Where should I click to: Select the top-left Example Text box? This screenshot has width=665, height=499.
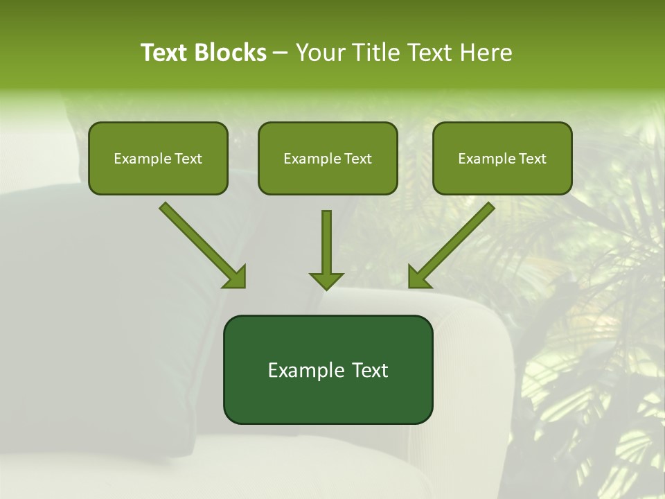point(158,158)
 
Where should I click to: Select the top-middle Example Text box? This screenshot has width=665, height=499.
point(328,158)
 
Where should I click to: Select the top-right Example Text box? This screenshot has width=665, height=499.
point(502,158)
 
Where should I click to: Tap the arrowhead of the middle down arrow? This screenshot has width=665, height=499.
point(326,280)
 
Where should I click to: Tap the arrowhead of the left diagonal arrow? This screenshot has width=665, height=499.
point(236,278)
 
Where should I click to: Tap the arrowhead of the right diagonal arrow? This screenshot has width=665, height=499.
point(418,278)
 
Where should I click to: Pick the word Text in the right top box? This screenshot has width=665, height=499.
point(532,159)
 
